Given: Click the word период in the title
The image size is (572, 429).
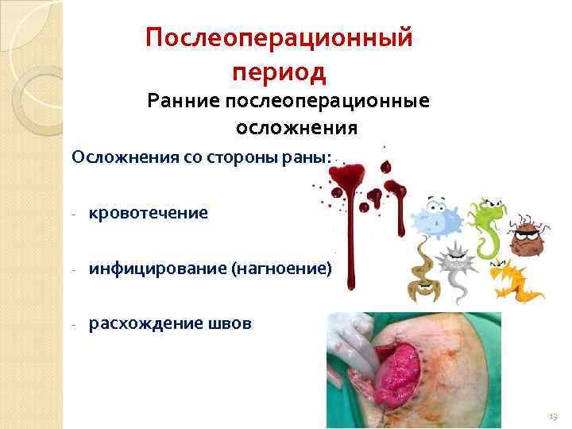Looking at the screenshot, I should [279, 72].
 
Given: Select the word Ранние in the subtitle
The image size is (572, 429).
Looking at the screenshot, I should [184, 102].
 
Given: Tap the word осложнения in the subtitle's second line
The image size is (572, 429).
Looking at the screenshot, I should [296, 128].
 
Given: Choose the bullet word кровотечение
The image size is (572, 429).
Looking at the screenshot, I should [149, 213].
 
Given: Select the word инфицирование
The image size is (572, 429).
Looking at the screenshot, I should [157, 269].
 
